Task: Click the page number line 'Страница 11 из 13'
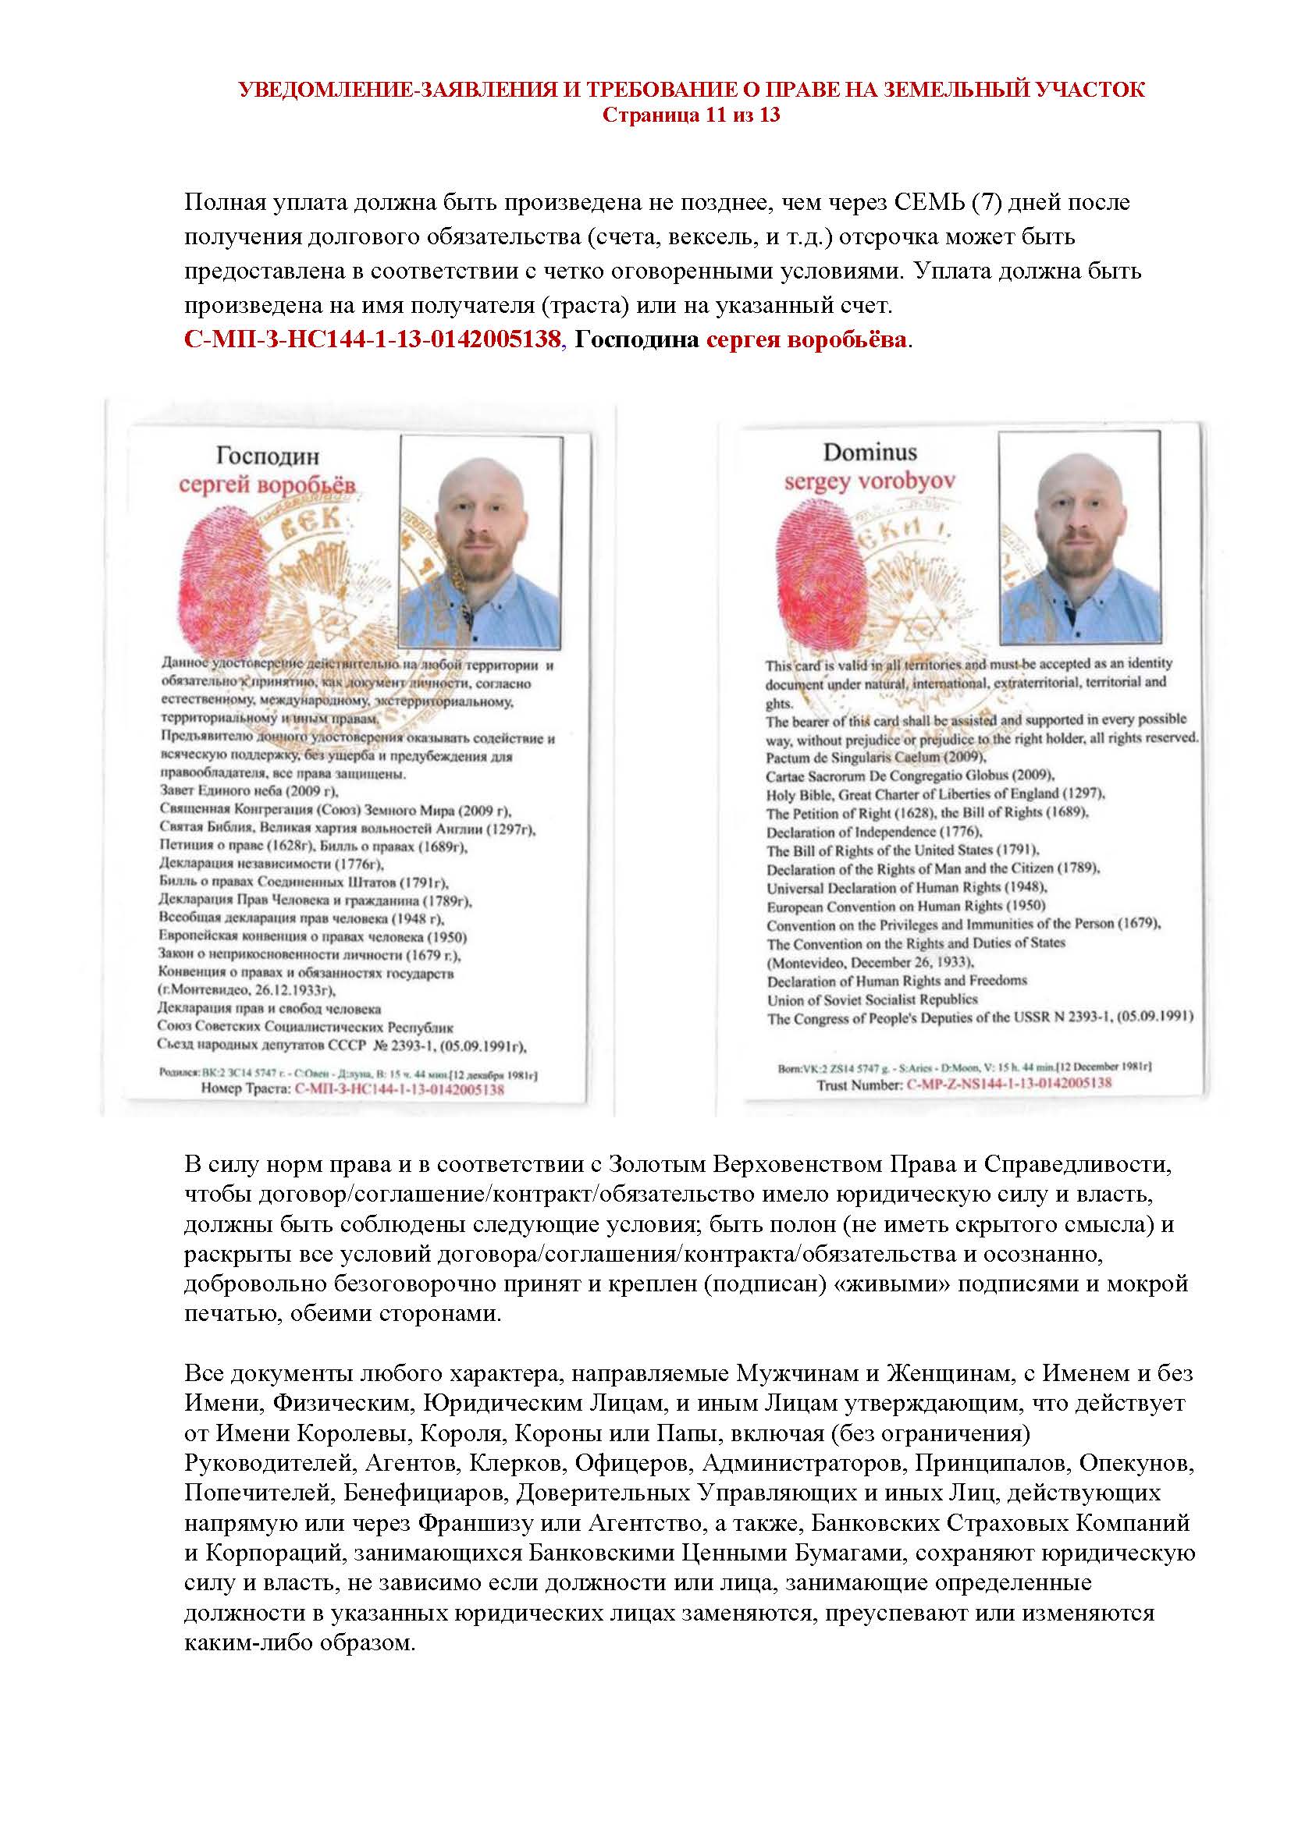(691, 115)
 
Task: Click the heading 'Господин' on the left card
(267, 456)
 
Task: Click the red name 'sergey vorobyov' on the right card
(870, 481)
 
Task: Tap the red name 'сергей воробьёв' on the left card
(267, 485)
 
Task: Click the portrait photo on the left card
(482, 541)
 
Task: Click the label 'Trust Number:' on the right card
(860, 1085)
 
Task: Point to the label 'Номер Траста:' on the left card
(246, 1088)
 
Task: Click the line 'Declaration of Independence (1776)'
(874, 833)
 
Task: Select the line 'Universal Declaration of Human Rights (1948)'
(907, 888)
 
